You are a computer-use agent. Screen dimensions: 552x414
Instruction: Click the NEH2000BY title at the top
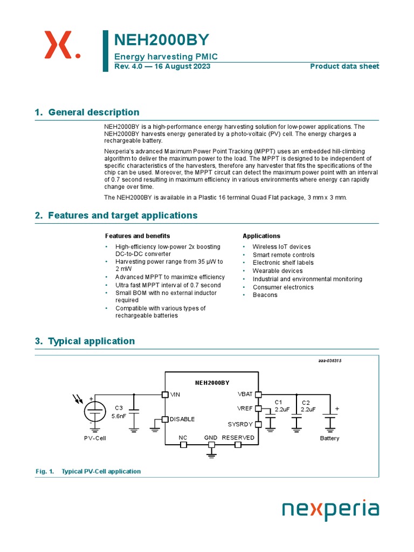[x=161, y=41]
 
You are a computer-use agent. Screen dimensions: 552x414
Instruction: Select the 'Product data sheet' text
[x=344, y=66]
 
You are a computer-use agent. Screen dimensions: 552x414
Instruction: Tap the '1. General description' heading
[x=87, y=112]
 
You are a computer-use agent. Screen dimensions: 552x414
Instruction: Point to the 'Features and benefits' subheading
[x=137, y=236]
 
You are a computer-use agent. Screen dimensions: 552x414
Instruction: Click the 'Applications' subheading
[x=261, y=236]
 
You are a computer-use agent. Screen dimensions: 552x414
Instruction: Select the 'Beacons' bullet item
[x=265, y=295]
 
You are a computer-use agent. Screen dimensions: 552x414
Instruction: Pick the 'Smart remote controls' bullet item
[x=284, y=255]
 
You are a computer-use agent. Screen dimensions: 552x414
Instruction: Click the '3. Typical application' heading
[x=85, y=341]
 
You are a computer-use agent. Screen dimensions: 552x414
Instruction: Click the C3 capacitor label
[x=119, y=408]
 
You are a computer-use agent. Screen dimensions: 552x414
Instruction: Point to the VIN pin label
[x=175, y=395]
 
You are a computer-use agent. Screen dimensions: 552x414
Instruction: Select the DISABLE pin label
[x=182, y=419]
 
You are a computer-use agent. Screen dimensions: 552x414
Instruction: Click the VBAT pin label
[x=245, y=394]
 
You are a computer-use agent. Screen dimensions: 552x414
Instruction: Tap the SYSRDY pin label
[x=240, y=424]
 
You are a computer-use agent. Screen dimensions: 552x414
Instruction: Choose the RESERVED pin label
[x=238, y=438]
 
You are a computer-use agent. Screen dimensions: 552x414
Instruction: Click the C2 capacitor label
[x=306, y=403]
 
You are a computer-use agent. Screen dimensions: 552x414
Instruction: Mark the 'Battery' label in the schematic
[x=329, y=438]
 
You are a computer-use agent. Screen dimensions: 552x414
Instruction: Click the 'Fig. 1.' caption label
[x=45, y=472]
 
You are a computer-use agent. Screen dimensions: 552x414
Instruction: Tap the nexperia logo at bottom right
[x=331, y=509]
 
